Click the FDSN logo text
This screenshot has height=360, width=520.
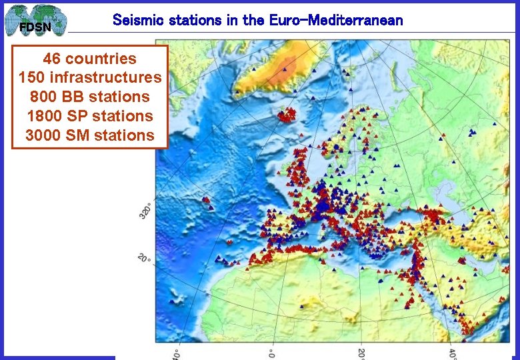pos(34,27)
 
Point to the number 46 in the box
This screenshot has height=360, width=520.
pos(53,58)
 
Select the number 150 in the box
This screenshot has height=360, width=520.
pos(31,77)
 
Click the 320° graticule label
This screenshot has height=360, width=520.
pos(145,210)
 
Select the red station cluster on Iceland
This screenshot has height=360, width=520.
pos(287,116)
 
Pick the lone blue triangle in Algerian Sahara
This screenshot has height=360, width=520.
pos(301,306)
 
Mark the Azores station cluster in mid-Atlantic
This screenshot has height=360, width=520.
pos(207,200)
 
